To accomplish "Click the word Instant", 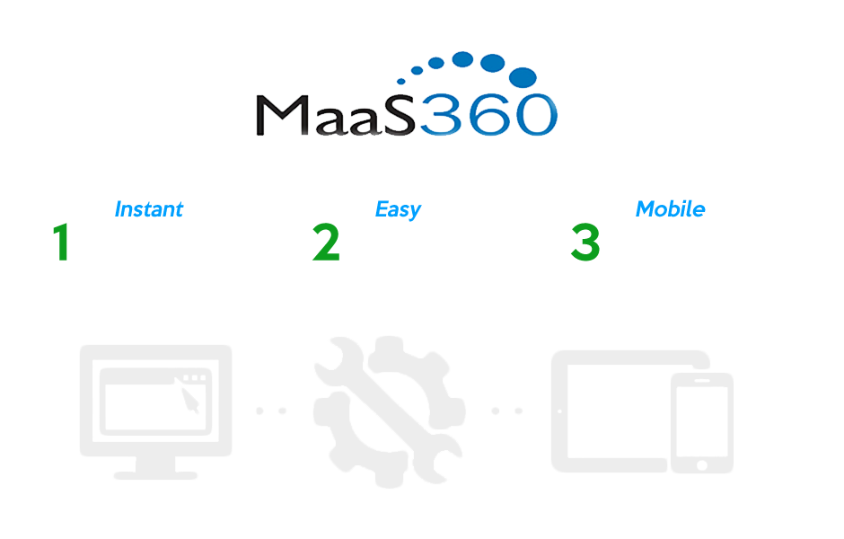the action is coord(149,209).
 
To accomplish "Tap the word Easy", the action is coord(398,209).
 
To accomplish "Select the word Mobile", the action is coord(670,209).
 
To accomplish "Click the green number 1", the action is coord(61,243).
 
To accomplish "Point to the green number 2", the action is coord(326,243).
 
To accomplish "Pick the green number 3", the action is coord(585,243).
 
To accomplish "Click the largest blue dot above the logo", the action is coord(523,77).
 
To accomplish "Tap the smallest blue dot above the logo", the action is coord(401,82).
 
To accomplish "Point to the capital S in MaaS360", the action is coord(399,115).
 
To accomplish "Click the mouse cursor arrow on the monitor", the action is coord(190,400).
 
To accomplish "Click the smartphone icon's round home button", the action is coord(702,465).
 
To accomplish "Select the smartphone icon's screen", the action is coord(702,421).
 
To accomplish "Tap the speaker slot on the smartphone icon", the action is coord(702,381).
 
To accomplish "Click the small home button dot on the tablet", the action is coord(559,411).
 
